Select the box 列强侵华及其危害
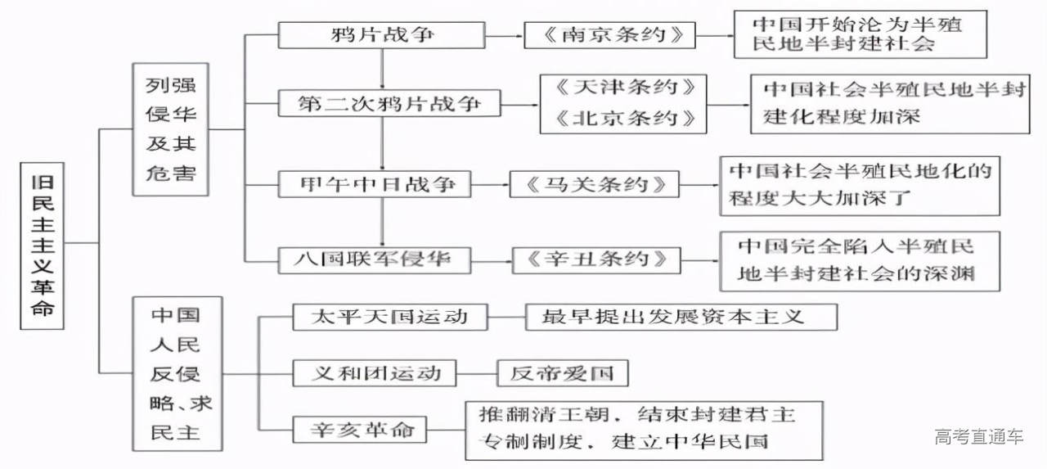[170, 129]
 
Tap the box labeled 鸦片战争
[383, 35]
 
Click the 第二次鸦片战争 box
[389, 104]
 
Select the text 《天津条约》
[623, 88]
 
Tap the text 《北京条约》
[623, 118]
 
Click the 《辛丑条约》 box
[596, 260]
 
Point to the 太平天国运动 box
[390, 317]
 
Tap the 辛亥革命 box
[360, 429]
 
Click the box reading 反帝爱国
[564, 374]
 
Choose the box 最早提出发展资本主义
[681, 317]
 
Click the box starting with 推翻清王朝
[644, 429]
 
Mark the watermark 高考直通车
[978, 436]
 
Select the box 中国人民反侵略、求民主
[177, 373]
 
